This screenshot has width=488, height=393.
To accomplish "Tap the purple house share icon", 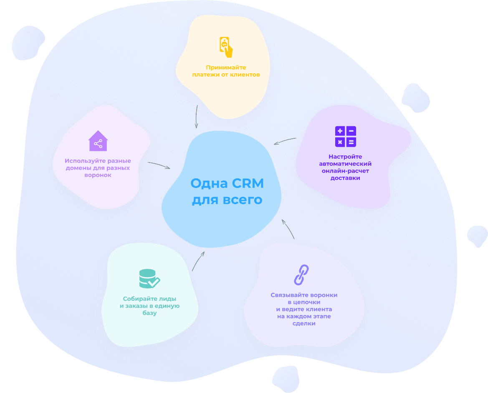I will [98, 141].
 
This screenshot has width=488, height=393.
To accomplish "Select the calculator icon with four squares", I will [346, 136].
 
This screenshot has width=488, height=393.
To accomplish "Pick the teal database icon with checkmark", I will [149, 279].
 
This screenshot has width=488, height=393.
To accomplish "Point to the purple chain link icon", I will [301, 275].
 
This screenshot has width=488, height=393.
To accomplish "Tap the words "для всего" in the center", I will [227, 200].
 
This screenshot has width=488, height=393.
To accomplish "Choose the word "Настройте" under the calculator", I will [345, 157].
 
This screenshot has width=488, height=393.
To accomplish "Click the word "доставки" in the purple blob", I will [345, 178].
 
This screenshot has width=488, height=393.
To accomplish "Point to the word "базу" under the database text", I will [149, 313].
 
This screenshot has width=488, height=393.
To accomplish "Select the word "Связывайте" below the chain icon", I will [288, 295].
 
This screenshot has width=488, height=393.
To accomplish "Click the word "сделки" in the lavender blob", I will [304, 323].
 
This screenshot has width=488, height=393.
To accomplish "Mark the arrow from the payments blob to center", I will [196, 116].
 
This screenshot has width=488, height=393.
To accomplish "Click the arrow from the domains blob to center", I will [159, 165].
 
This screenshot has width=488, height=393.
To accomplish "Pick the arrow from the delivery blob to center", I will [285, 141].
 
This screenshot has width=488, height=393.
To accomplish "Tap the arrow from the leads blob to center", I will [198, 261].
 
